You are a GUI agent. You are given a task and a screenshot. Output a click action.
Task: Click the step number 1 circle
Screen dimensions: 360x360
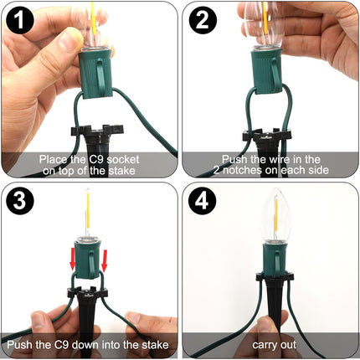(19, 20)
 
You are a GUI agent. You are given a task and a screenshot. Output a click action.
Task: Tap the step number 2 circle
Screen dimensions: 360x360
(203, 20)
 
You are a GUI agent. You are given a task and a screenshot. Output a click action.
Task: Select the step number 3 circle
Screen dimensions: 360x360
(19, 200)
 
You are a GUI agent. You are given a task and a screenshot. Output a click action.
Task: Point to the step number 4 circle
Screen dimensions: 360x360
(203, 200)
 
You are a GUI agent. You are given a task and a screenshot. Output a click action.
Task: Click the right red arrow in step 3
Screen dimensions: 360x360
(105, 260)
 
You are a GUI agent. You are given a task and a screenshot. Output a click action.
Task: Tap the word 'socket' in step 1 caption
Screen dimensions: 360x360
(123, 160)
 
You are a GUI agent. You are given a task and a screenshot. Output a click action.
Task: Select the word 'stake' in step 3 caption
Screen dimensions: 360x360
(155, 345)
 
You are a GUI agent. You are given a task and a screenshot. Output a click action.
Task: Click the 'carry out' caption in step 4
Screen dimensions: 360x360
(274, 345)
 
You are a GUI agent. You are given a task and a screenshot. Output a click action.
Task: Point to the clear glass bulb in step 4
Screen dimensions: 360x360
(276, 215)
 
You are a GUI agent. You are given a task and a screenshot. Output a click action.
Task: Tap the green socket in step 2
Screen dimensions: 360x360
(267, 71)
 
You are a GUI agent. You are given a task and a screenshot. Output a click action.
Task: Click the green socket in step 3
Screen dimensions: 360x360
(88, 257)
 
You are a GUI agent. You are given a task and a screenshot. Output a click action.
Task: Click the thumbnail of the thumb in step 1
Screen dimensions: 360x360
(67, 41)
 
